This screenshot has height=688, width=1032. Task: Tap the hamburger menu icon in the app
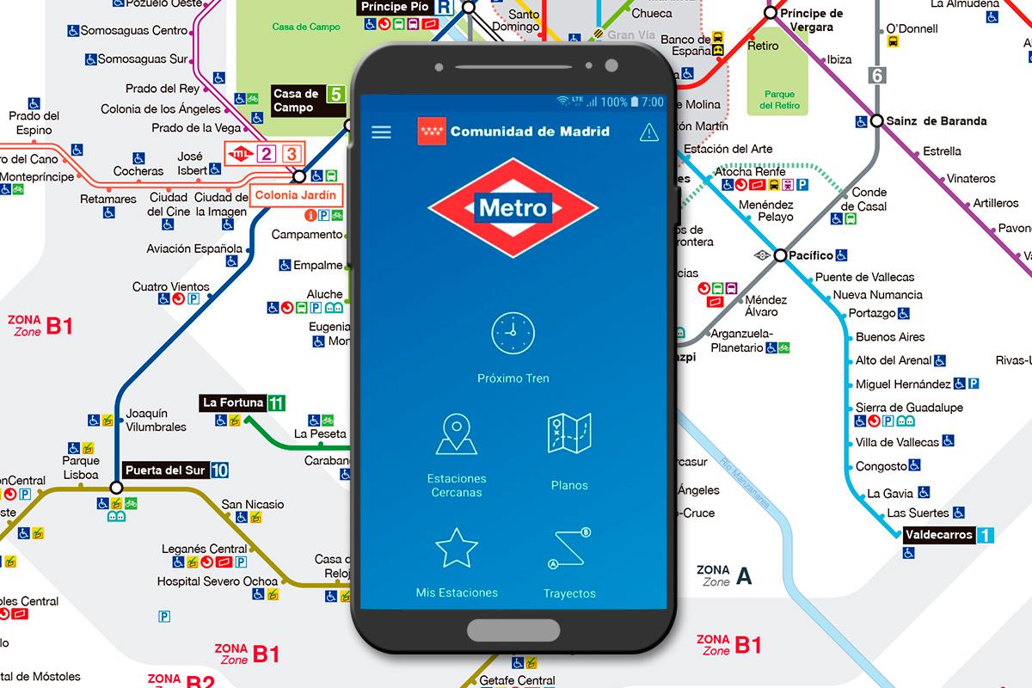point(381,132)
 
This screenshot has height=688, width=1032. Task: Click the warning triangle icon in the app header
point(648,132)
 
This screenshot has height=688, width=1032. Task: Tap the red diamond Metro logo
point(513,207)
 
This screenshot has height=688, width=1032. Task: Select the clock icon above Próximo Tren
point(513,333)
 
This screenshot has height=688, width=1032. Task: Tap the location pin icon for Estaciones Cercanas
point(456,434)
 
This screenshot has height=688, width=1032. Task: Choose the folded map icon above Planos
point(569,434)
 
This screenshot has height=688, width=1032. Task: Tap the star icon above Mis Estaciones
point(456,548)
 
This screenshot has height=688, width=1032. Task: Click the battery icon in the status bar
point(635,101)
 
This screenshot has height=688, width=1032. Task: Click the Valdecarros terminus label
point(938,535)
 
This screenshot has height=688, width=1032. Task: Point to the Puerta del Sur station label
point(165,470)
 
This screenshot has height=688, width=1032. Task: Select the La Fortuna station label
point(232,402)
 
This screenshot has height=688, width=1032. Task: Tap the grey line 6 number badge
point(877,75)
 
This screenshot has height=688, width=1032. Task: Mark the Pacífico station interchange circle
point(780,255)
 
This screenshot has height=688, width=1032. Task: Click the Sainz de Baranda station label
point(936,121)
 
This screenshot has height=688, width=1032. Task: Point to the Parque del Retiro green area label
point(779,100)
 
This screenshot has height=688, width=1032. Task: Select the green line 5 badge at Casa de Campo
point(336,95)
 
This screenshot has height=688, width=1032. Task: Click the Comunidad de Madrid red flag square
point(432,132)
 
